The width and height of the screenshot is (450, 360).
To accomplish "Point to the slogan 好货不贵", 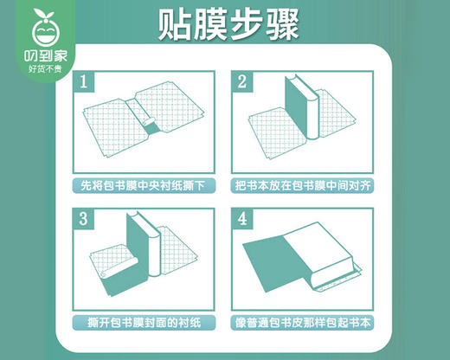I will pyautogui.click(x=40, y=69).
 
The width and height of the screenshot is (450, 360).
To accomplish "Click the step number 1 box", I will pyautogui.click(x=84, y=83).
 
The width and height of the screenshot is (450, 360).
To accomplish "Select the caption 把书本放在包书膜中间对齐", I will pyautogui.click(x=299, y=185).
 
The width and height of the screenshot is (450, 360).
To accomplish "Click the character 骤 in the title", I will pyautogui.click(x=286, y=25).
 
